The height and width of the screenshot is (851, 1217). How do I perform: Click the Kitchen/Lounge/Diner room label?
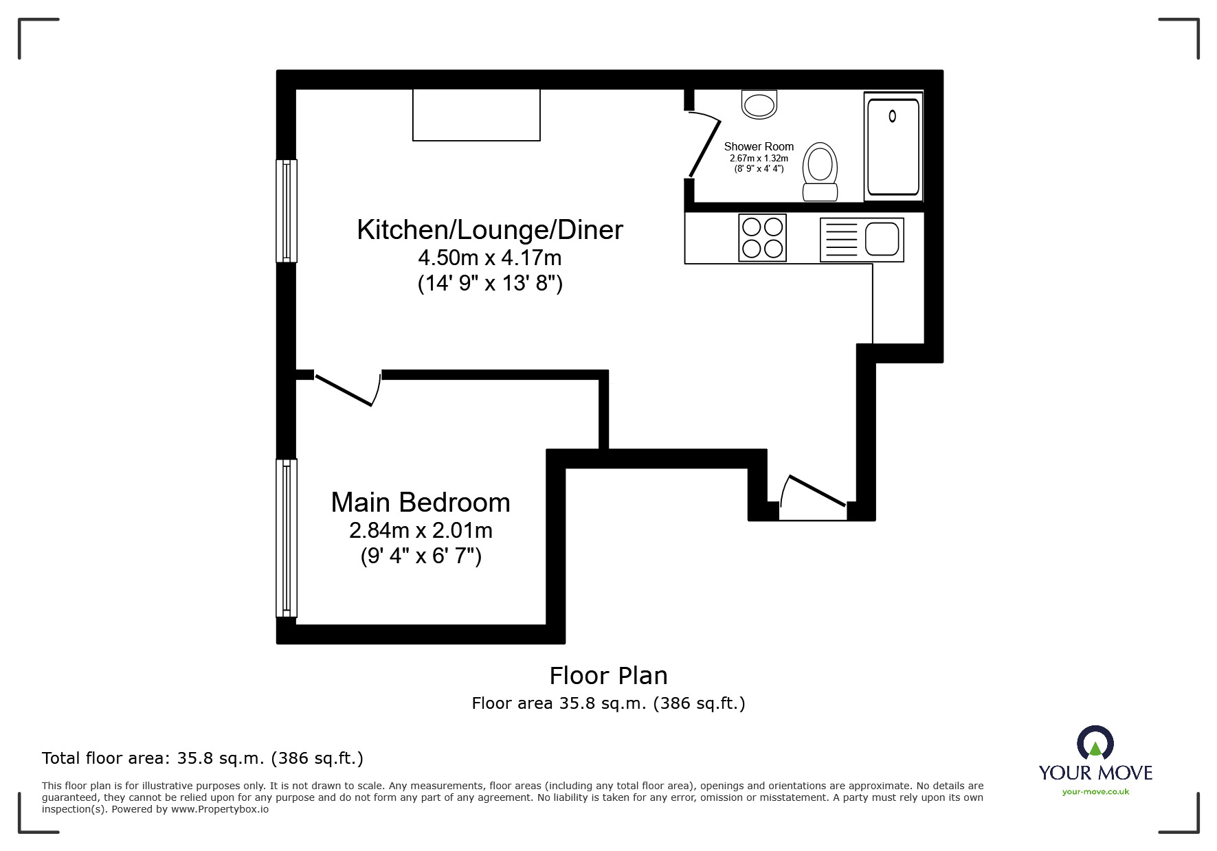(x=489, y=230)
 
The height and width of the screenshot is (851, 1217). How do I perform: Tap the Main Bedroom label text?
(x=421, y=503)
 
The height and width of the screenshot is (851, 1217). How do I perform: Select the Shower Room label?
(x=759, y=146)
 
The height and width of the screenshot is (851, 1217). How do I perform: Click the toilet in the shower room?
(x=820, y=171)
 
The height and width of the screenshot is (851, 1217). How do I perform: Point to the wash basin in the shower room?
(x=759, y=104)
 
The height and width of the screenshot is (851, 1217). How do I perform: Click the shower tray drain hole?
(x=892, y=116)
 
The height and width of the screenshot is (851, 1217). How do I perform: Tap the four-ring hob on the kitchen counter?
(x=762, y=238)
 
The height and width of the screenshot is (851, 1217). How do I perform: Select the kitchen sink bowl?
(x=882, y=239)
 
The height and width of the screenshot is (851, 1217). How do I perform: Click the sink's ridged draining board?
(x=840, y=240)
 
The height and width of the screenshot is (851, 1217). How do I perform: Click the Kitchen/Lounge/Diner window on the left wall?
(x=287, y=211)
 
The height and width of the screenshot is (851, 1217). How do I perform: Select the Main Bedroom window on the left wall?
(x=287, y=538)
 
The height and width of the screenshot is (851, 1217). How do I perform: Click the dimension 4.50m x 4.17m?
(x=489, y=258)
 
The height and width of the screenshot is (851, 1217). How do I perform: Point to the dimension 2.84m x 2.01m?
(x=421, y=530)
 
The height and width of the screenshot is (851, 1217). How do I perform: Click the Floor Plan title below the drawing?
(x=608, y=676)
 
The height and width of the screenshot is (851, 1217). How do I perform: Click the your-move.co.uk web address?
(x=1095, y=792)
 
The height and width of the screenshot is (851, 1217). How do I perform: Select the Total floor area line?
(x=203, y=758)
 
